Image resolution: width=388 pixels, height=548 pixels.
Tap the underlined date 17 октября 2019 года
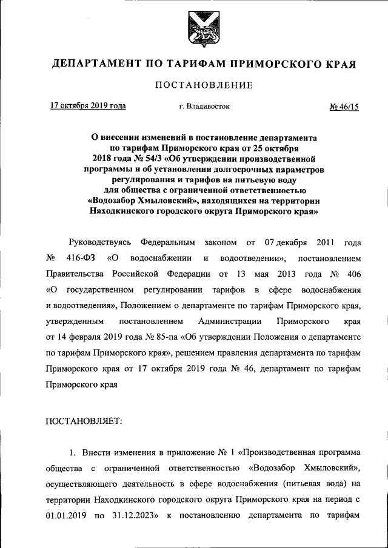pos(88,107)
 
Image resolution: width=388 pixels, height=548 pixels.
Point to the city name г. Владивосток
pos(204,107)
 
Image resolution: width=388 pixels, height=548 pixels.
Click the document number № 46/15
pos(344,107)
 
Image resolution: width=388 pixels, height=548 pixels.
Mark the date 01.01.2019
pos(65,516)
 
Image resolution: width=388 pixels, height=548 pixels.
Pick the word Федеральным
pos(167,242)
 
